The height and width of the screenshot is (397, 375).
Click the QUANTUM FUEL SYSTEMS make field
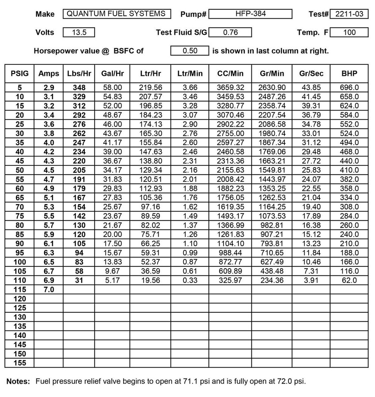tap(116, 14)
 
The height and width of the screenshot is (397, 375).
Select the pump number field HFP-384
tap(250, 14)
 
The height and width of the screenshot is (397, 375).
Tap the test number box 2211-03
tap(348, 14)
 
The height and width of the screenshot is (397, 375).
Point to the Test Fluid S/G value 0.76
tap(230, 32)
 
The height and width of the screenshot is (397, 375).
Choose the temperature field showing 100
tap(348, 32)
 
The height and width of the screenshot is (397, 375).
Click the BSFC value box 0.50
tap(189, 51)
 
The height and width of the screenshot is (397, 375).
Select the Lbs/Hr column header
tap(79, 74)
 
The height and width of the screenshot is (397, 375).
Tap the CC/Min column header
tap(230, 74)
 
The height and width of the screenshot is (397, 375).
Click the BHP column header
tap(349, 74)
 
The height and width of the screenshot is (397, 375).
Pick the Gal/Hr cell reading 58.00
tap(111, 88)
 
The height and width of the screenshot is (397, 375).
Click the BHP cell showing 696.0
tap(349, 88)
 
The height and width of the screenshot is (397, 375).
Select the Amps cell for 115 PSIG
tap(48, 289)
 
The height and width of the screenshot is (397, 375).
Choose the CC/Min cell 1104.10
tap(230, 243)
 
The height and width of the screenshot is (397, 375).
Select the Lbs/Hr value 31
tap(79, 280)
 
